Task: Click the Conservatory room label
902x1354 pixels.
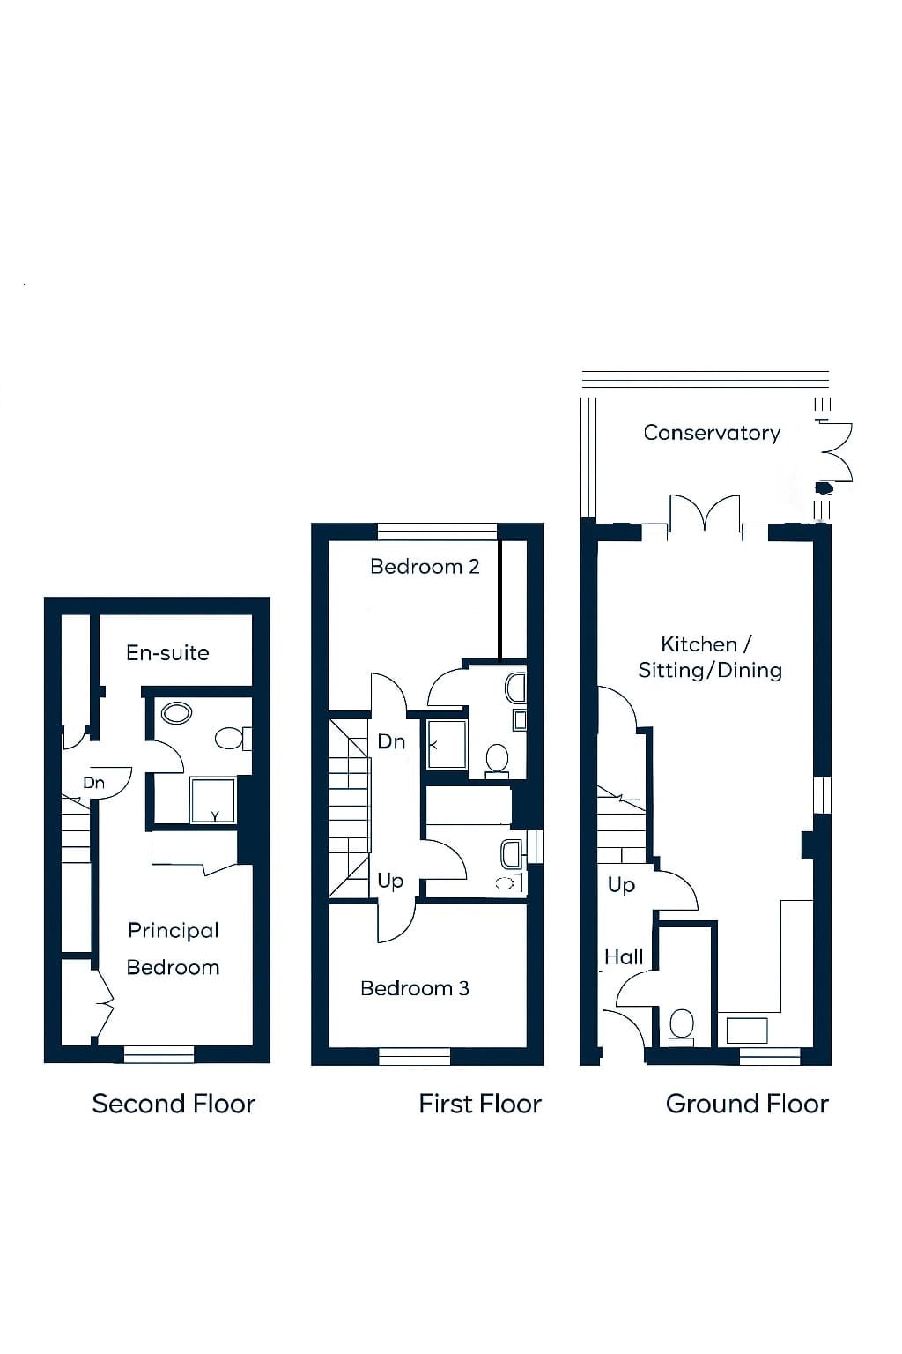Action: [711, 433]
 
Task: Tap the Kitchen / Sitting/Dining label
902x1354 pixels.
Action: [710, 657]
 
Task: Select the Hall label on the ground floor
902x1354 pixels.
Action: [624, 956]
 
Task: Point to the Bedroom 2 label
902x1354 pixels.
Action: [425, 567]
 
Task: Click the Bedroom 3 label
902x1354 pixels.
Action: [415, 988]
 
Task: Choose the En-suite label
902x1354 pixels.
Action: [167, 653]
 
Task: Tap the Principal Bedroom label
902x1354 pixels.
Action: [173, 949]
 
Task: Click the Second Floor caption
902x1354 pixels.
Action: [174, 1104]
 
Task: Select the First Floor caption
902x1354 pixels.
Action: [480, 1104]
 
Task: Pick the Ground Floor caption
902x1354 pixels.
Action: [747, 1104]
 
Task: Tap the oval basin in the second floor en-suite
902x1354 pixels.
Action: [176, 713]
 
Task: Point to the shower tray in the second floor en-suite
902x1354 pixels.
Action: [212, 801]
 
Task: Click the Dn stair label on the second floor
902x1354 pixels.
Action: [93, 784]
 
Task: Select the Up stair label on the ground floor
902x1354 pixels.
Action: [621, 886]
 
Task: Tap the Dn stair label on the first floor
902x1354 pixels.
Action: [391, 741]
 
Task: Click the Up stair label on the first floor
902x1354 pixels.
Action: [390, 882]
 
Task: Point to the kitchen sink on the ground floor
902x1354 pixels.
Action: [747, 1030]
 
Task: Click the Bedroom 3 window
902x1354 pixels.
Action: [415, 1057]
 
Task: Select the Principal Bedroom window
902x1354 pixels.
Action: [159, 1054]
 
